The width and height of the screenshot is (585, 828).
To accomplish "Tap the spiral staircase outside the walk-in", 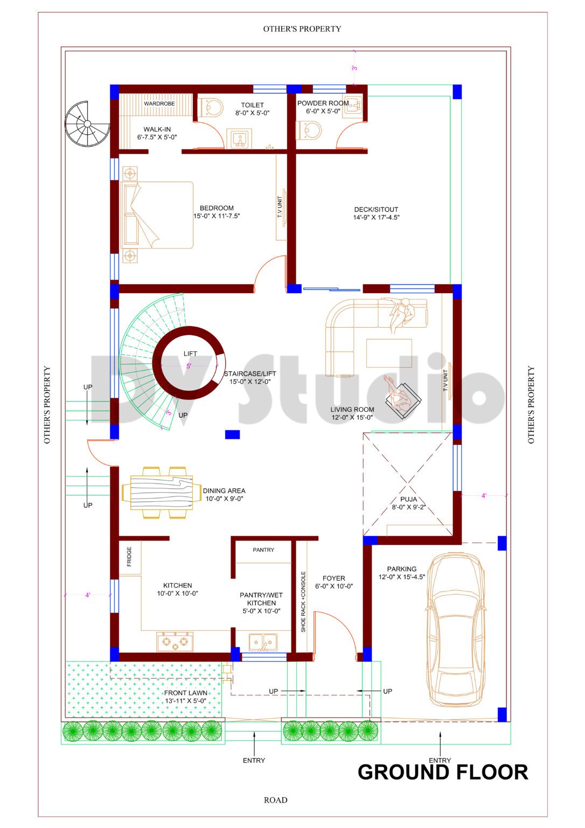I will point(87,124).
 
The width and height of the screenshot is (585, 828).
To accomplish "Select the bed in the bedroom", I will point(157,215).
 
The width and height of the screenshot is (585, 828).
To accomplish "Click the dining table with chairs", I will point(161,493).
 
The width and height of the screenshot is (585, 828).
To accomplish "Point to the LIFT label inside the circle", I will point(190,354).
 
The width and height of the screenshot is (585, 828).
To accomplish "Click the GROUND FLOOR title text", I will point(442,772).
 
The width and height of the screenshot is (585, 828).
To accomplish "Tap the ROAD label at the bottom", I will point(275,800).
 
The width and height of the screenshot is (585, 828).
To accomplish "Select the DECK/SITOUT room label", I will point(376,210).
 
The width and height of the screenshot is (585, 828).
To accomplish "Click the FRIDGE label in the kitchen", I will point(129,557).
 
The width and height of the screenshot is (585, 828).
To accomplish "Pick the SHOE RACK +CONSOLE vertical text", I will point(303,602).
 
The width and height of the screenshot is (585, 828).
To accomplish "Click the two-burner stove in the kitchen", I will point(175,641).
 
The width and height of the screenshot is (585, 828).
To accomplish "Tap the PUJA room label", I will point(408,499).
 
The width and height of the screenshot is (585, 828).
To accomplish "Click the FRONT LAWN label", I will point(185,693).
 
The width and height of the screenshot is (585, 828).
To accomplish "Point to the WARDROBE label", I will point(159,103).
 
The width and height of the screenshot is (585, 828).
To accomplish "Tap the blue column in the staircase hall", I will point(232,434).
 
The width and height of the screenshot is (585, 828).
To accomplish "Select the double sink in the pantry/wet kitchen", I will point(263,641).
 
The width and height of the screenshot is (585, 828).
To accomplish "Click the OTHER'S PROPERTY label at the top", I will point(302,29).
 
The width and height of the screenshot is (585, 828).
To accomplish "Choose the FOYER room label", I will point(334,578).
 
